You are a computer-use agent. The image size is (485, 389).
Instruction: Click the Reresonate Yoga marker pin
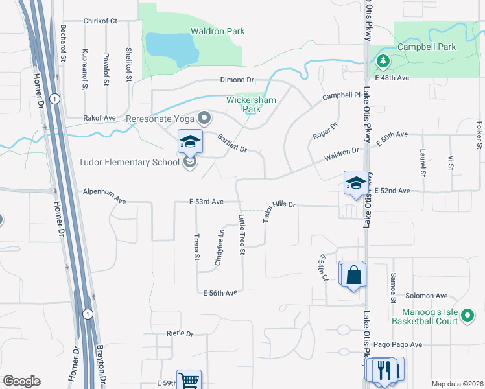pyautogui.click(x=205, y=118)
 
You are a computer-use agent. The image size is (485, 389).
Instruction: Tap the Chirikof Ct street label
pyautogui.click(x=100, y=21)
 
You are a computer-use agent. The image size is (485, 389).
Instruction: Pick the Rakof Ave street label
pyautogui.click(x=99, y=118)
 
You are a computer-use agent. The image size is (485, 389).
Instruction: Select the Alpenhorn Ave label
pyautogui.click(x=104, y=192)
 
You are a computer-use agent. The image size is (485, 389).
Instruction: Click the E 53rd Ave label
pyautogui.click(x=206, y=202)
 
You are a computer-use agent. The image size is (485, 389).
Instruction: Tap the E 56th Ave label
pyautogui.click(x=220, y=293)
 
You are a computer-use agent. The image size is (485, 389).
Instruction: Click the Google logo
pyautogui.click(x=21, y=381)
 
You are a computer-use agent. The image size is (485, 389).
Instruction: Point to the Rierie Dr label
pyautogui.click(x=180, y=333)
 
